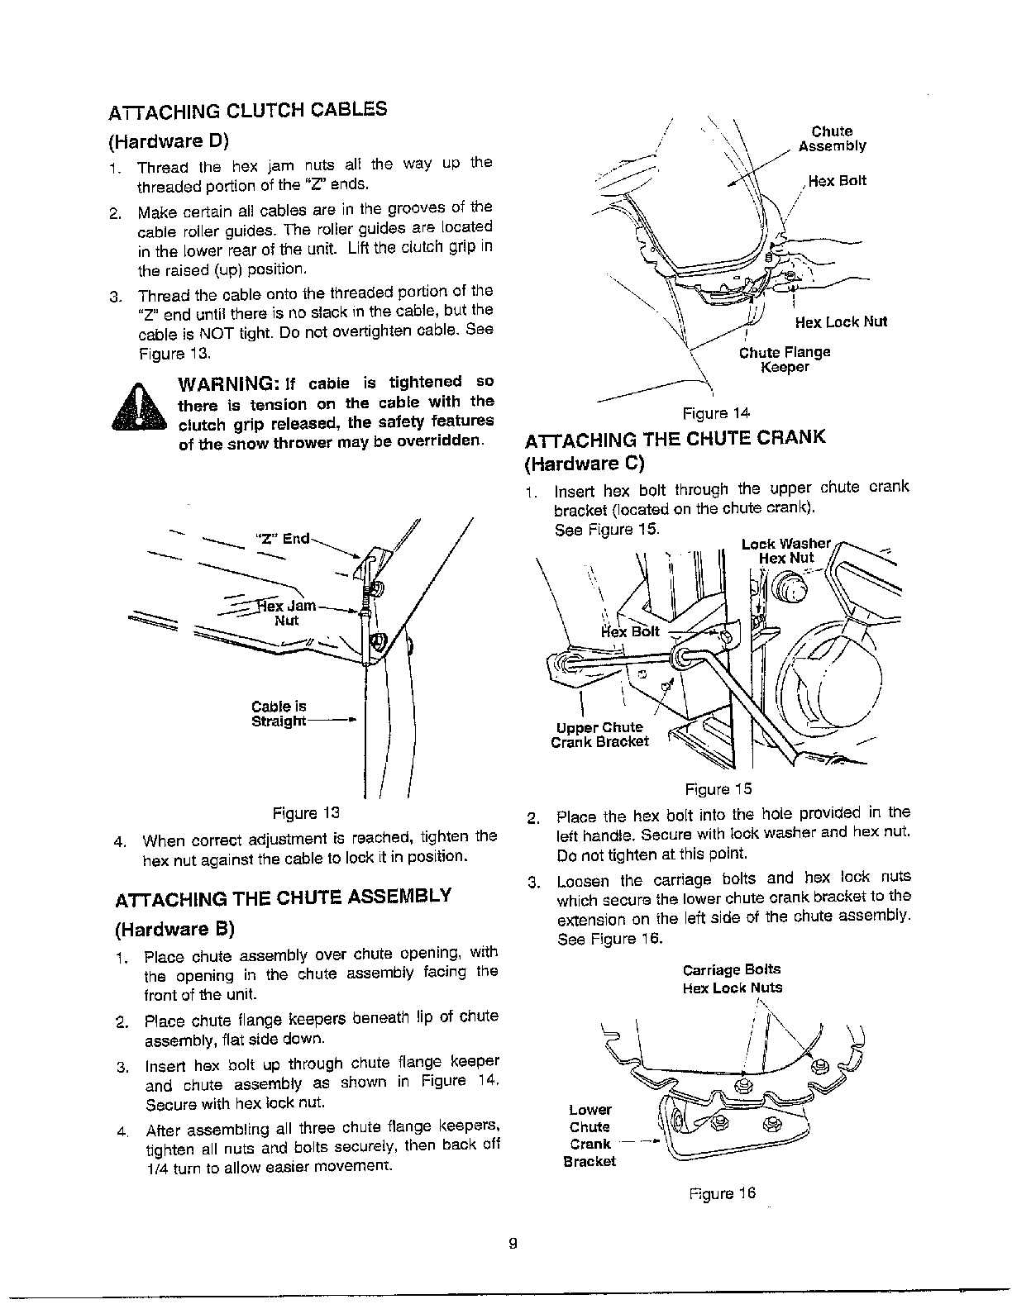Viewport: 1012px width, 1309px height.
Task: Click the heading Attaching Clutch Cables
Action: [248, 111]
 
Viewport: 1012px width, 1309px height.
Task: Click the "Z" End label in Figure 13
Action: [284, 538]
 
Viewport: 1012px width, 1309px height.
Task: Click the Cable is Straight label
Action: [279, 714]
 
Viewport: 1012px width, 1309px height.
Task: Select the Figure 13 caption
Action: [306, 812]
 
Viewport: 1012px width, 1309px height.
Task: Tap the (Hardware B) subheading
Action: [174, 929]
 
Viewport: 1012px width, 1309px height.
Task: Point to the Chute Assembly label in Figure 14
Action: [832, 139]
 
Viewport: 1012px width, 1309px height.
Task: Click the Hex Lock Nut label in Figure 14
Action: [840, 322]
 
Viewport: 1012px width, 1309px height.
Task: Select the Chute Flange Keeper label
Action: [784, 359]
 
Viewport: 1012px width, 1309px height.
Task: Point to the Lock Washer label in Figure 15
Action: [785, 543]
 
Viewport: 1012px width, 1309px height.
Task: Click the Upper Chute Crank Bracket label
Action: [599, 735]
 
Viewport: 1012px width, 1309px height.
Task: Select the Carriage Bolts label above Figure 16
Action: [731, 969]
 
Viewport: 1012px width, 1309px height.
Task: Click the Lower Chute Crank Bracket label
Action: [590, 1135]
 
